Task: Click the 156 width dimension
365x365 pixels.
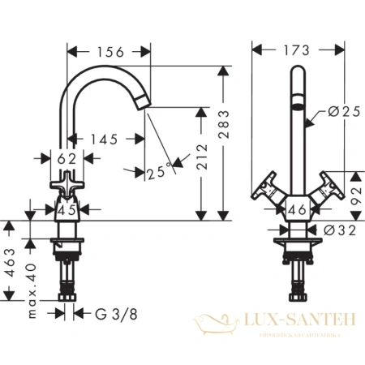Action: pos(110,52)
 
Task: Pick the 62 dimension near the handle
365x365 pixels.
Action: pos(69,157)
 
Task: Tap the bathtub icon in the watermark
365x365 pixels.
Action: pos(215,325)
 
